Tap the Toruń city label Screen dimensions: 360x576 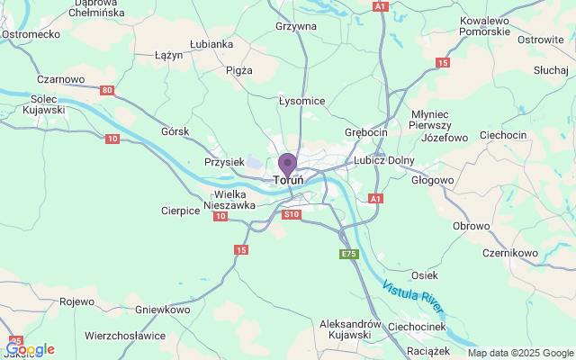point(288,180)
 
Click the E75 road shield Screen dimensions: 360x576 point(349,255)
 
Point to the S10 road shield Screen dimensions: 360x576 point(291,214)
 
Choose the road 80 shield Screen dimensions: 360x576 point(108,90)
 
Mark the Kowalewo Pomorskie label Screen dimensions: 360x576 point(484,25)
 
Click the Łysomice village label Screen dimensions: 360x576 point(301,101)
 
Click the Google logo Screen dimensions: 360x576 point(30,349)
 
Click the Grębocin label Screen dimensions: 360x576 point(365,132)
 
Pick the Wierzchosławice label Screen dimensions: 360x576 point(125,335)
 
